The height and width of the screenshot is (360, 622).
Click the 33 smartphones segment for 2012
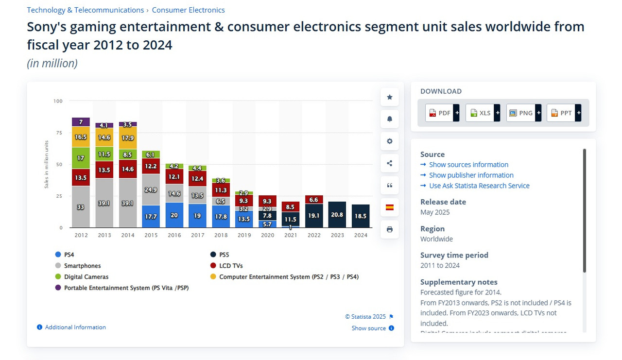81,206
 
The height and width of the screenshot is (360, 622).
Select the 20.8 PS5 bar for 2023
337,214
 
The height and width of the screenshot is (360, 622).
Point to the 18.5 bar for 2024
361,216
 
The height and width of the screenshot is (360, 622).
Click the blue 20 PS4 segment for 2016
174,215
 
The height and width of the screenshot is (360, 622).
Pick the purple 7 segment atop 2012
81,122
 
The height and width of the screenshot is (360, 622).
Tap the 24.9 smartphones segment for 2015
151,189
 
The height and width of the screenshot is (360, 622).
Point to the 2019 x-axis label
244,235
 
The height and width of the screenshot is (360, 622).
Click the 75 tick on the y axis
58,133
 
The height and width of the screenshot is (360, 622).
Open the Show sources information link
468,165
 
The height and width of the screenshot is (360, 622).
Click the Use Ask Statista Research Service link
479,186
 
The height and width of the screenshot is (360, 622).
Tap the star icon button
390,97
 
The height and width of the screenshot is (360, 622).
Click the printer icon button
390,229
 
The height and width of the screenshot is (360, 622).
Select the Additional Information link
75,327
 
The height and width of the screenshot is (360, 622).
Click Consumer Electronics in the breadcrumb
188,10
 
